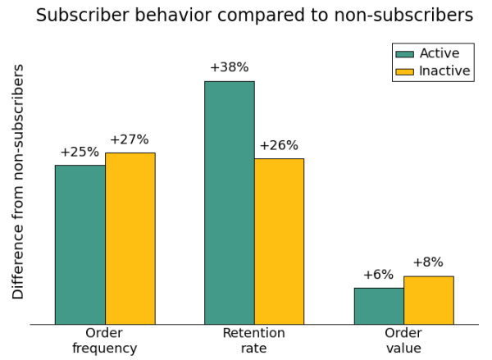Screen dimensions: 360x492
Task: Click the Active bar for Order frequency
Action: (80, 244)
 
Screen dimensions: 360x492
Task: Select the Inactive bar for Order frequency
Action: (130, 239)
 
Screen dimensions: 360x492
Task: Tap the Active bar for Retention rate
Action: (229, 203)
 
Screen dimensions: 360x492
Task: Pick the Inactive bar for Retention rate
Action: (279, 241)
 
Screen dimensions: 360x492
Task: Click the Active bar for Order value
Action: (378, 306)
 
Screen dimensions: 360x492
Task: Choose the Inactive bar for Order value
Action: (428, 300)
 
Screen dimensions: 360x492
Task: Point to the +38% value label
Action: (229, 67)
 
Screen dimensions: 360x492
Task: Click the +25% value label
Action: (80, 152)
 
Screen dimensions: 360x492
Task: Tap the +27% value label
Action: (130, 139)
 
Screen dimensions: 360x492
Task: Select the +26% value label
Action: (279, 145)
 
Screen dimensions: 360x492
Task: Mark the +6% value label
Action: (378, 275)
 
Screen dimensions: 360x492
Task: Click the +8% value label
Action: (428, 262)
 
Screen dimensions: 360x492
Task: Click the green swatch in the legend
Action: (405, 54)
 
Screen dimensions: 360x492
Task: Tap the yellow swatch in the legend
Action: (405, 71)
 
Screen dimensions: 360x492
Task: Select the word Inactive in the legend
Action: (444, 71)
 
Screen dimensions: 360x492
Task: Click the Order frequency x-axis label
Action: (104, 340)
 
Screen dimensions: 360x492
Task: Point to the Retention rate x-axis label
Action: (253, 340)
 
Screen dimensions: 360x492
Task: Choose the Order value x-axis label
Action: (403, 340)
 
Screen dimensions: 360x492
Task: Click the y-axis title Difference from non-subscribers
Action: (18, 181)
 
